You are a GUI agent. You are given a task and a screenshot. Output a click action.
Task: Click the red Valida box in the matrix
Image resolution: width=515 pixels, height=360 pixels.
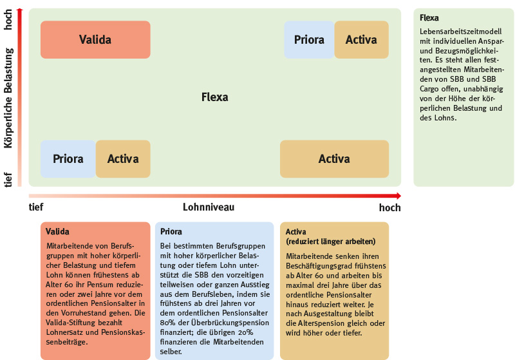click(x=95, y=40)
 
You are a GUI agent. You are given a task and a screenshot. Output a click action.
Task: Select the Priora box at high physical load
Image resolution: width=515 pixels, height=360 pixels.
click(x=309, y=40)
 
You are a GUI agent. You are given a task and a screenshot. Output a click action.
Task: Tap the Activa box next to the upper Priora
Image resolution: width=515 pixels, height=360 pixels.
click(x=361, y=40)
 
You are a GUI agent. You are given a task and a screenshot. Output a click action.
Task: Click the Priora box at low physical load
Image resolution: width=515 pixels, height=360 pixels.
click(x=68, y=159)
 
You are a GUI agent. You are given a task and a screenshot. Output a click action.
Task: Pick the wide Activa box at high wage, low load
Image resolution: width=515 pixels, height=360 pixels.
click(x=334, y=159)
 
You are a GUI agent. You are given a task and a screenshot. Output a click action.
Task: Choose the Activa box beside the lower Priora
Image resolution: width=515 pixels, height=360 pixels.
click(x=123, y=159)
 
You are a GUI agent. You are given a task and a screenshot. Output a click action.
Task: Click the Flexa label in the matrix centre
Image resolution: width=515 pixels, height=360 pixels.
click(x=215, y=97)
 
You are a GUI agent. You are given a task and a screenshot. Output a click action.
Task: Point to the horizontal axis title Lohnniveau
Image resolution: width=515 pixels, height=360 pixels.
click(x=209, y=207)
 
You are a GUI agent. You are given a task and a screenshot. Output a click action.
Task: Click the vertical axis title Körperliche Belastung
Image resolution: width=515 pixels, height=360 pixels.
click(x=8, y=98)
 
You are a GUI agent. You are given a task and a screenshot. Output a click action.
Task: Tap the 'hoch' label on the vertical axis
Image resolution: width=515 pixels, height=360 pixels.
click(x=8, y=20)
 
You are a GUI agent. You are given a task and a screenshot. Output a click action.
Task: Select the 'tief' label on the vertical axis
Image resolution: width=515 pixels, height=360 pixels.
click(x=8, y=180)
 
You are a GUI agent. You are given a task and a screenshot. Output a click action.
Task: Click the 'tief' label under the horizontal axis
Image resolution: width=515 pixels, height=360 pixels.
click(x=36, y=207)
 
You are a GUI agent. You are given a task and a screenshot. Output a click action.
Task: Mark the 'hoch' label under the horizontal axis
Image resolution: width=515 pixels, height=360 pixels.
click(x=390, y=207)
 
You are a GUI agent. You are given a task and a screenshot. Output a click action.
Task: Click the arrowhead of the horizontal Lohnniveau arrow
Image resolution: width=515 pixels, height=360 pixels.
click(x=398, y=196)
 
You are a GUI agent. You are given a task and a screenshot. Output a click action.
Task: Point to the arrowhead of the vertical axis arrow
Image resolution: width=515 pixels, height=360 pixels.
click(x=20, y=10)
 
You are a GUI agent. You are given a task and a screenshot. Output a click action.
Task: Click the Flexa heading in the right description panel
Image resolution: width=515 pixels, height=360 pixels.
click(x=429, y=18)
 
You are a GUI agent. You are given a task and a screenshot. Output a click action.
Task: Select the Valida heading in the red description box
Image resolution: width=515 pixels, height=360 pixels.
click(x=57, y=232)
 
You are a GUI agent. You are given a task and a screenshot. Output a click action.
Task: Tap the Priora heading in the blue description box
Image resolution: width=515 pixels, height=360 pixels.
click(x=171, y=232)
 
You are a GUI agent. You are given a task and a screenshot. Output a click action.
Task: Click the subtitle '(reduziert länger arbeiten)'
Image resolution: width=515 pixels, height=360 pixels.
click(x=330, y=242)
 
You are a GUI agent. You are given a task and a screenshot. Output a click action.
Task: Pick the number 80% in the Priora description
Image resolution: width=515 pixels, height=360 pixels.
click(x=167, y=323)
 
